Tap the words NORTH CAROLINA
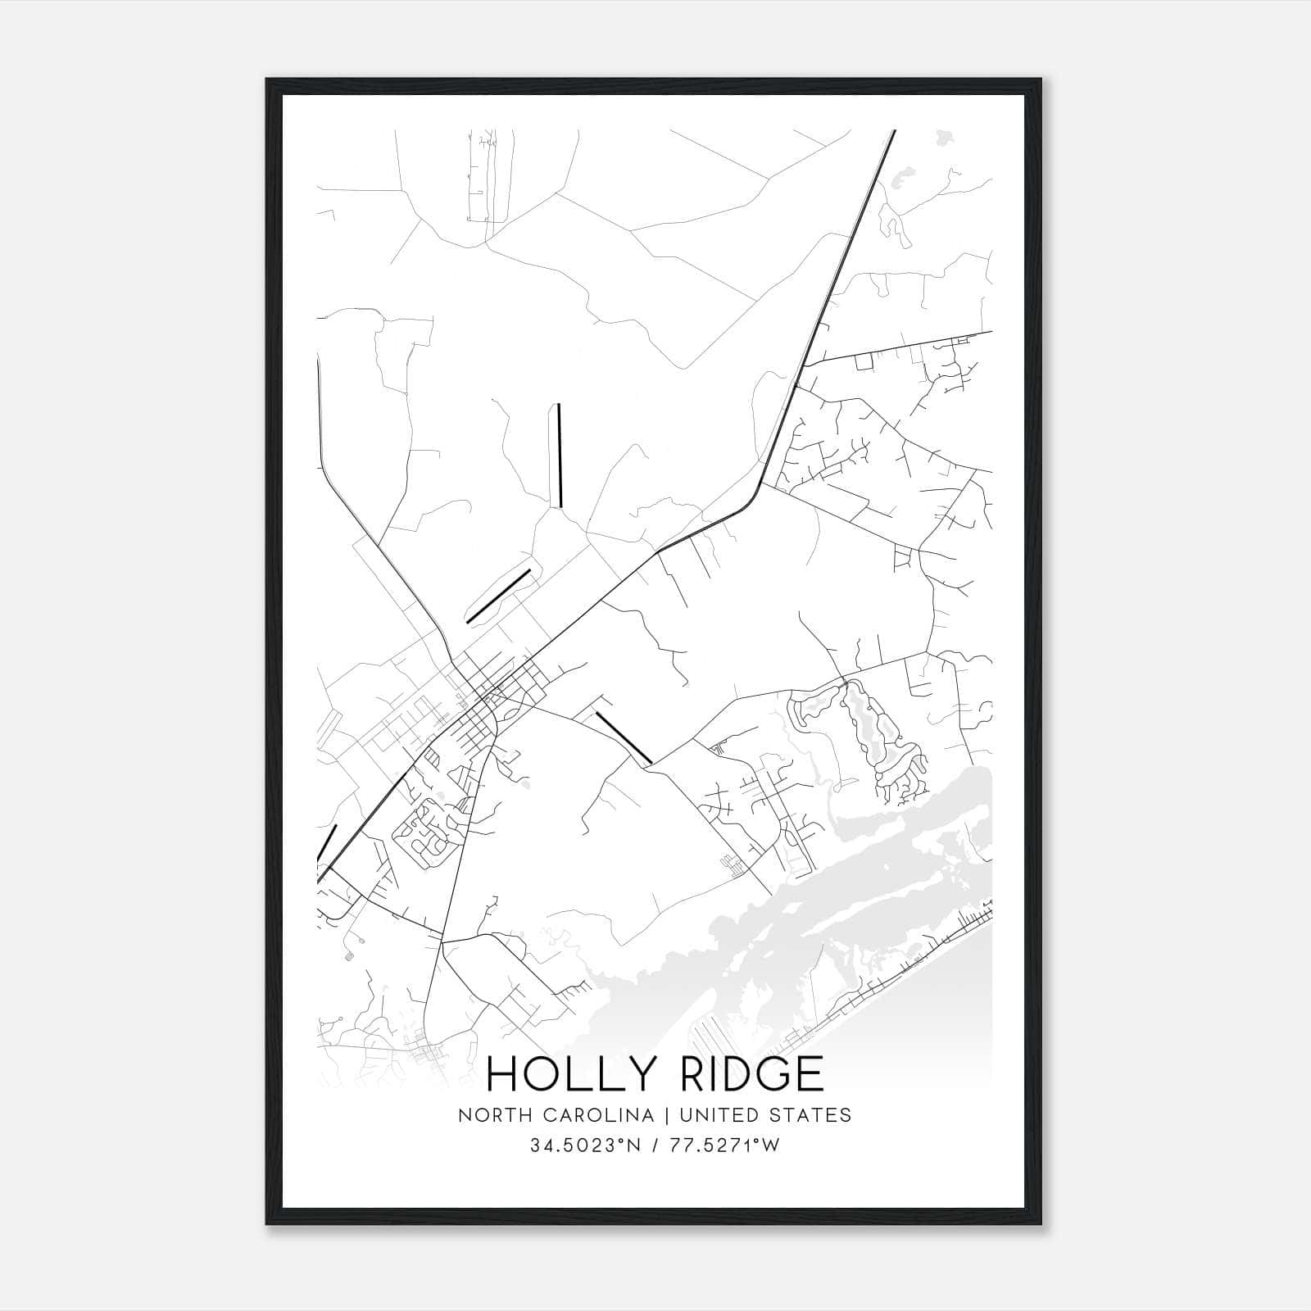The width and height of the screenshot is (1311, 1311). tap(556, 1115)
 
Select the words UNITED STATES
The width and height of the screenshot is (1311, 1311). tap(762, 1115)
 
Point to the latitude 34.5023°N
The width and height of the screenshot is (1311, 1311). tap(584, 1145)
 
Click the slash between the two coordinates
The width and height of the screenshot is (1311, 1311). tap(653, 1145)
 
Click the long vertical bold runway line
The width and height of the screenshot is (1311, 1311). tap(559, 456)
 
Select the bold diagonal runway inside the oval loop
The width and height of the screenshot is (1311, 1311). tap(498, 597)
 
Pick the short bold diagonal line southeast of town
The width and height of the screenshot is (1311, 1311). tap(624, 737)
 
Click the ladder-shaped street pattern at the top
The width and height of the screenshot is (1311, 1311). tap(483, 176)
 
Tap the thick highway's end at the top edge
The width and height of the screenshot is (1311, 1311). tap(893, 132)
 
